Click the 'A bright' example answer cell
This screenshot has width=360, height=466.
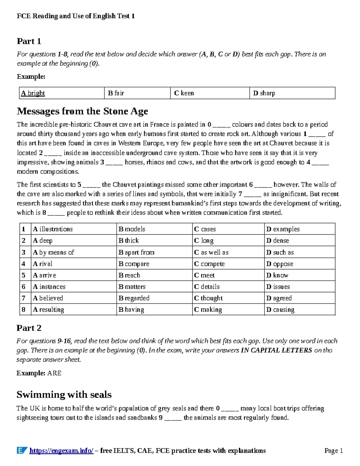tap(33, 93)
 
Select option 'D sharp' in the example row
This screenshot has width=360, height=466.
tap(264, 93)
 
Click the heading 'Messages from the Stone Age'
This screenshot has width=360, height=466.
tap(82, 111)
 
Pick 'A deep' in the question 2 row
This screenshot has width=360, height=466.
tap(43, 241)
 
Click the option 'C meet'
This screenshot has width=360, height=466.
tap(204, 275)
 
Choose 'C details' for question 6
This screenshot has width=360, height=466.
tap(207, 287)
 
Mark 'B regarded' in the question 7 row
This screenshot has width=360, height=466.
tap(134, 298)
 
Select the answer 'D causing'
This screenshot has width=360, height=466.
tap(280, 309)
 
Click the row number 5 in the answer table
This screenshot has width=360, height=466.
tap(24, 275)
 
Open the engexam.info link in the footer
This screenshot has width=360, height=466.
tap(61, 451)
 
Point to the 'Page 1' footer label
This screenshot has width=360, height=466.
tap(334, 451)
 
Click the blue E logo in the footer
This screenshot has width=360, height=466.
tap(22, 450)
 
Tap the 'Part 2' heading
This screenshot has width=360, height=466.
tap(29, 328)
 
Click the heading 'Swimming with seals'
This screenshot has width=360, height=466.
tap(64, 395)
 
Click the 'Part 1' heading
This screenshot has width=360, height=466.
tap(29, 41)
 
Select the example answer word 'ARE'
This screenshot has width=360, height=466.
tap(54, 373)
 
